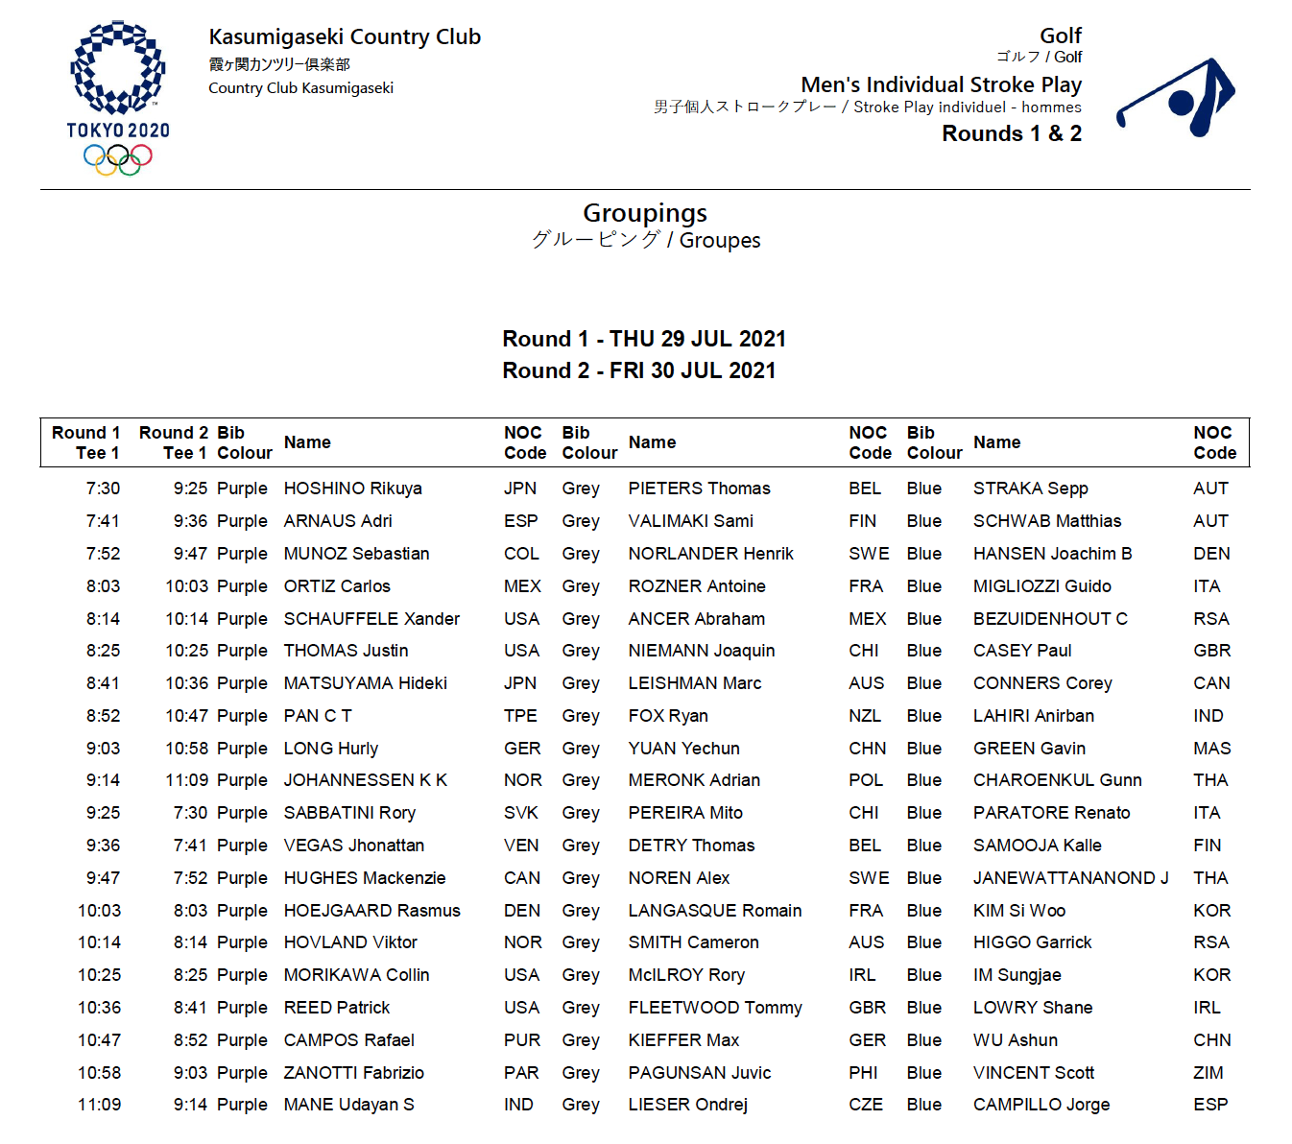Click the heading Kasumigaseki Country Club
[x=345, y=37]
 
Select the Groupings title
[x=645, y=213]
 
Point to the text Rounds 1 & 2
[x=1011, y=134]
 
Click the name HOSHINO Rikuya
[x=352, y=489]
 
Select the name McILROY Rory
[x=686, y=975]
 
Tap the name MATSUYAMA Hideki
[x=365, y=683]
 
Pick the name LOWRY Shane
[x=1033, y=1008]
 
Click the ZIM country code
[x=1208, y=1073]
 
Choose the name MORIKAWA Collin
[x=356, y=975]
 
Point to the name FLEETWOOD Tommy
[x=715, y=1008]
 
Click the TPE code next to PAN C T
[x=520, y=716]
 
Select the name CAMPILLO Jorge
[x=1041, y=1105]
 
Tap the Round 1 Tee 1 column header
[x=86, y=442]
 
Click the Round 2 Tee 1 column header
[x=174, y=442]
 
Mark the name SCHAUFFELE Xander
[x=371, y=619]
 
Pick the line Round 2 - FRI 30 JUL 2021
[x=639, y=370]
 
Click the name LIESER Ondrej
[x=687, y=1105]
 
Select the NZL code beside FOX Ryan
[x=864, y=716]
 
